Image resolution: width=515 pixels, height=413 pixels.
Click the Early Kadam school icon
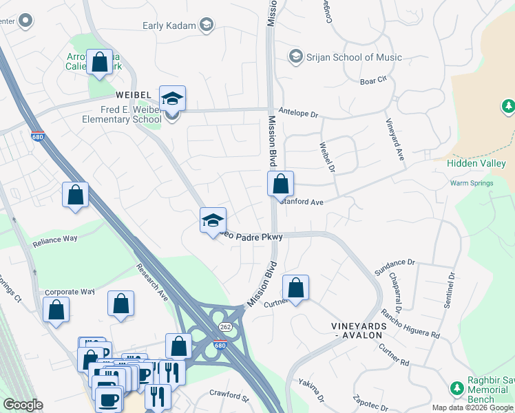pyautogui.click(x=206, y=26)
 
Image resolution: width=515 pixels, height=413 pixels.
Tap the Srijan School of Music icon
pyautogui.click(x=297, y=56)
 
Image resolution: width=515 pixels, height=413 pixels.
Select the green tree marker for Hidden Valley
pyautogui.click(x=507, y=106)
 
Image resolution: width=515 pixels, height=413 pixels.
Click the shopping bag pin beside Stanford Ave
pyautogui.click(x=280, y=185)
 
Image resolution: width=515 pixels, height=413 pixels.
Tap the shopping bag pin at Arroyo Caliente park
pyautogui.click(x=100, y=62)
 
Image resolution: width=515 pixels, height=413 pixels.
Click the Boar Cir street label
pyautogui.click(x=372, y=81)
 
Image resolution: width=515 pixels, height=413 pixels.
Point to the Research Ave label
pyautogui.click(x=152, y=283)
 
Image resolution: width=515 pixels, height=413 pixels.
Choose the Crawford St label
pyautogui.click(x=229, y=396)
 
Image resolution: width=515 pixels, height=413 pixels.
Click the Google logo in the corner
pyautogui.click(x=23, y=405)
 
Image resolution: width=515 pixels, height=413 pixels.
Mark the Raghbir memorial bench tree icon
pyautogui.click(x=456, y=388)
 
